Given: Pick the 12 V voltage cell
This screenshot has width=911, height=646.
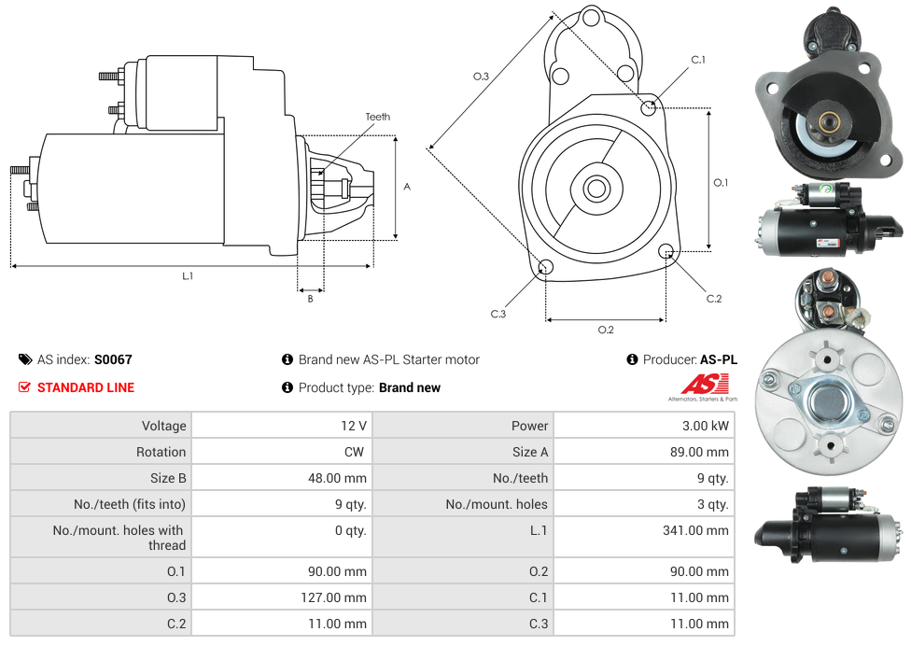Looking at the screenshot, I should [x=354, y=426].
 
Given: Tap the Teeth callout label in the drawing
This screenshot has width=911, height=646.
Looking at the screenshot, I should [x=377, y=117].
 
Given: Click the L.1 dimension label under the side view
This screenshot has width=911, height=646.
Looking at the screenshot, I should [x=188, y=275].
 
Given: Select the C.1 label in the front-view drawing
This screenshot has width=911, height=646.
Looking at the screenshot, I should [x=697, y=61].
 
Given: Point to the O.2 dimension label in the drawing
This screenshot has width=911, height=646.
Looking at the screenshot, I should [x=605, y=329].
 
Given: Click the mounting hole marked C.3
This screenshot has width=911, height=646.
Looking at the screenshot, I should [x=546, y=269].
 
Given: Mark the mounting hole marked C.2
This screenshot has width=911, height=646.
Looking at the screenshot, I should [x=666, y=251].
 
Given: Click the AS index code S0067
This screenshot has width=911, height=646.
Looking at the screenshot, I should [x=113, y=359].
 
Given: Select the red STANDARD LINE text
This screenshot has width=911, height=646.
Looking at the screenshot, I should [x=86, y=387].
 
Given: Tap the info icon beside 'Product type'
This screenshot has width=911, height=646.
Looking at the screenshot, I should [x=287, y=387].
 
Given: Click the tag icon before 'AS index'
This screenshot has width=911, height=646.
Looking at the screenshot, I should [x=25, y=359].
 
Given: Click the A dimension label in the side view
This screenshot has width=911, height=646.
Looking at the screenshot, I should [x=406, y=187].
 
